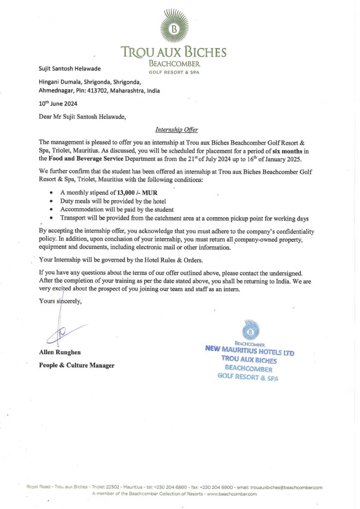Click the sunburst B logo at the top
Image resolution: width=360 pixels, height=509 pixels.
click(174, 28)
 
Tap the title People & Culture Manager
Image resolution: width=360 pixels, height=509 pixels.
click(77, 365)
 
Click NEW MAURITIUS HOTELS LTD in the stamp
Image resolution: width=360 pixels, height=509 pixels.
click(250, 350)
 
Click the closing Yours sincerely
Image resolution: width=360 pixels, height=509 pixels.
click(60, 301)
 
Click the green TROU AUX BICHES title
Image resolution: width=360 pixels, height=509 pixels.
click(174, 52)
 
